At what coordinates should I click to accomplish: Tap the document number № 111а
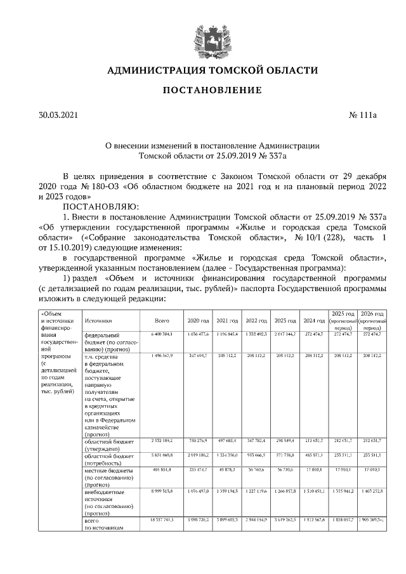[363, 115]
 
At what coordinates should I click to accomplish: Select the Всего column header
[162, 322]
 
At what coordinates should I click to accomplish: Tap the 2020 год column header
[198, 322]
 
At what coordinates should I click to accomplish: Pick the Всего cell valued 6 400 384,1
[162, 334]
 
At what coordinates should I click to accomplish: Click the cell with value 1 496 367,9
[162, 356]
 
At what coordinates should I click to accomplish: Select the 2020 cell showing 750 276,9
[198, 440]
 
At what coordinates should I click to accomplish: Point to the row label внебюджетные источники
[105, 492]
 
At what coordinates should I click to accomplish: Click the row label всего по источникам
[101, 523]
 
